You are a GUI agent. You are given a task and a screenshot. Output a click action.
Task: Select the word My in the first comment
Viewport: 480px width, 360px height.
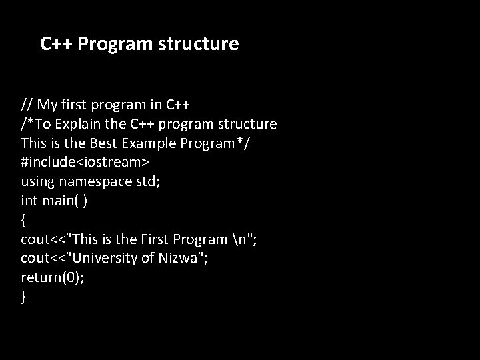[49, 105]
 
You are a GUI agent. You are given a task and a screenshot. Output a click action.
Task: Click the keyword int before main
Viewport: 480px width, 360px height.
[29, 200]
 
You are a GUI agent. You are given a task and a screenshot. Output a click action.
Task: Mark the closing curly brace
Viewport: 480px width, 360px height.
[24, 297]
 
